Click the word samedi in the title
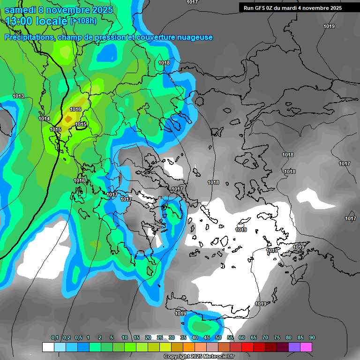[21, 10]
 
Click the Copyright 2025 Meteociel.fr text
[199, 357]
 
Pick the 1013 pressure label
[18, 97]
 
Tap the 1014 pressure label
[44, 119]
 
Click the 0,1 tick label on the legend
[55, 338]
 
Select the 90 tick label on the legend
[312, 338]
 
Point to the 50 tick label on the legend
[218, 338]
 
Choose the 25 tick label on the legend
[160, 338]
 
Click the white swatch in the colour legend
[48, 347]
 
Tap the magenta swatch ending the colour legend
[306, 347]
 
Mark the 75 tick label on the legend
[277, 338]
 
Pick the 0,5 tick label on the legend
[78, 338]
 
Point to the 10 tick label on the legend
[125, 338]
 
